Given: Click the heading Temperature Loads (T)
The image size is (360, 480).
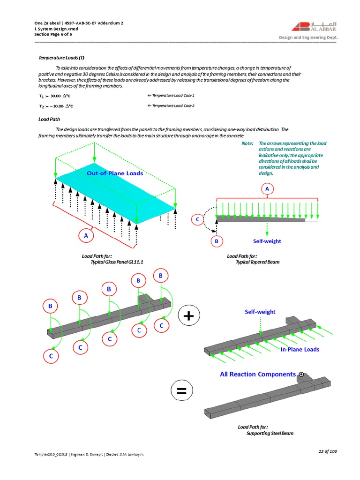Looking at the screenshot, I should (61, 57).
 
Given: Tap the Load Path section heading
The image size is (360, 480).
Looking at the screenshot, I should (49, 119).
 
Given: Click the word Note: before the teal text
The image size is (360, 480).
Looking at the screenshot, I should (247, 143).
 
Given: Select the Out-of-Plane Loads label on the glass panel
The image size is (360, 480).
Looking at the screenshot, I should (115, 173).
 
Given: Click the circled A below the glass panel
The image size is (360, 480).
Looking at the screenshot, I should (86, 236).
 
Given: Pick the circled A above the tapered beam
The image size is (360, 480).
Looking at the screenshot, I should (267, 189).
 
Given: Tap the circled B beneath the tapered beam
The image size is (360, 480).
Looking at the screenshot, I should (216, 241).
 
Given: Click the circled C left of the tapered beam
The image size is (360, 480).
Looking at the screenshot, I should (197, 219).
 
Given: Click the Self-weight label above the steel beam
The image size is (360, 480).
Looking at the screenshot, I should (260, 312).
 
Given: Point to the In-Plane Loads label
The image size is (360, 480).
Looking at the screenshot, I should (300, 349).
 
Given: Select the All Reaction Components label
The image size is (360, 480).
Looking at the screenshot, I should (258, 374).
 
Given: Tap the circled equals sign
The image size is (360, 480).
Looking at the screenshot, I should (181, 391).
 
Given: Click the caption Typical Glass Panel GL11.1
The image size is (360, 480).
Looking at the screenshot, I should (117, 262).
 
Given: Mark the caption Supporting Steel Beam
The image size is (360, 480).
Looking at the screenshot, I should (270, 433).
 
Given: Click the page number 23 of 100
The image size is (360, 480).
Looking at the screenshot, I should (327, 451).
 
